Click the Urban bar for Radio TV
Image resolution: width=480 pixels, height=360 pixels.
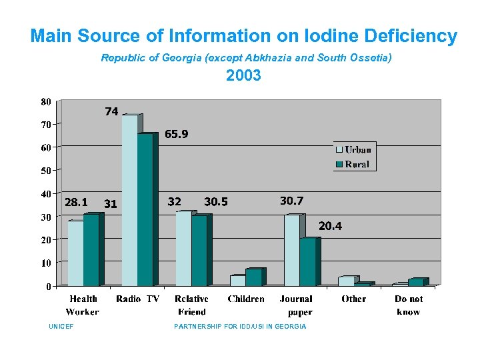(x=129, y=201)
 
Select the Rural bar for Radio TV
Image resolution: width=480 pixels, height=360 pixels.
(x=145, y=210)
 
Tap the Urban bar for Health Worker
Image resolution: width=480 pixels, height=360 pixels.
(x=75, y=253)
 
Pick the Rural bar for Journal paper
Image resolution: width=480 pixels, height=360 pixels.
(x=307, y=262)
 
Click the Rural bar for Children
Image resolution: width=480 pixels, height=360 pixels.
(x=253, y=277)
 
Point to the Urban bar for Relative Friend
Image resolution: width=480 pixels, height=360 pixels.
(x=183, y=249)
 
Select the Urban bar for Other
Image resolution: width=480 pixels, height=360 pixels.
(x=346, y=281)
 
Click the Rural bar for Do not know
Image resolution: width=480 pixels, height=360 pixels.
(x=416, y=283)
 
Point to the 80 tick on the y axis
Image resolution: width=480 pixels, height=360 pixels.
(x=46, y=102)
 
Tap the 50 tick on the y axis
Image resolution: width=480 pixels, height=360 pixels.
(x=46, y=171)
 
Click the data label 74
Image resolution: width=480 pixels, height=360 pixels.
(x=111, y=111)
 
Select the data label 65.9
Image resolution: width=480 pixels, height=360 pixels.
(x=177, y=134)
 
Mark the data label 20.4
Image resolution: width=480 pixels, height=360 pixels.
(x=330, y=227)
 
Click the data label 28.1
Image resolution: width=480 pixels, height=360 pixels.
(x=75, y=202)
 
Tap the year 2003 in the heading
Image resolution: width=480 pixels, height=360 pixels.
(x=243, y=76)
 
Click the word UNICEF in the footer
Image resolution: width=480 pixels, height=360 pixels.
(x=61, y=327)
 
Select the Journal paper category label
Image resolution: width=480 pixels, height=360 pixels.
(x=297, y=305)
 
